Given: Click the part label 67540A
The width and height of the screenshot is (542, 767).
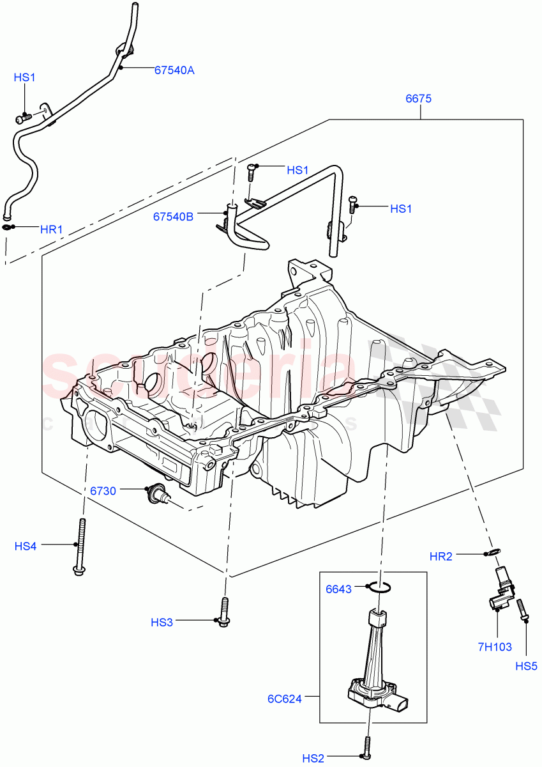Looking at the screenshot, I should point(174,70).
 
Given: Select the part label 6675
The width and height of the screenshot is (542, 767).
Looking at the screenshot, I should point(419,98).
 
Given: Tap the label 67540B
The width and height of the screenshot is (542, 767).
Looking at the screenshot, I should point(172,217).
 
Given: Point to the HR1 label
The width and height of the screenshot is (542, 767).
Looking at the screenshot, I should point(52,228).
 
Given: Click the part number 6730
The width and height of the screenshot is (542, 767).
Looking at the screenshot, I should point(103,491).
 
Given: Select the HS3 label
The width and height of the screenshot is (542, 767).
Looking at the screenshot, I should point(162,621).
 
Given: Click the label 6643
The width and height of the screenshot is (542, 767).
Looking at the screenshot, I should point(338,589).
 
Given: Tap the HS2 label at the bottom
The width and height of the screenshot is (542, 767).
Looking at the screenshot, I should point(313,758).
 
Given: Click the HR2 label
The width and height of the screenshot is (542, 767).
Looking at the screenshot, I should point(440,557).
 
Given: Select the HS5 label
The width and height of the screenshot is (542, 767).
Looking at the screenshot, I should point(526,666).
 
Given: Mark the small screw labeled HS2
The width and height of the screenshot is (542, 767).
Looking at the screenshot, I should point(368,748).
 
